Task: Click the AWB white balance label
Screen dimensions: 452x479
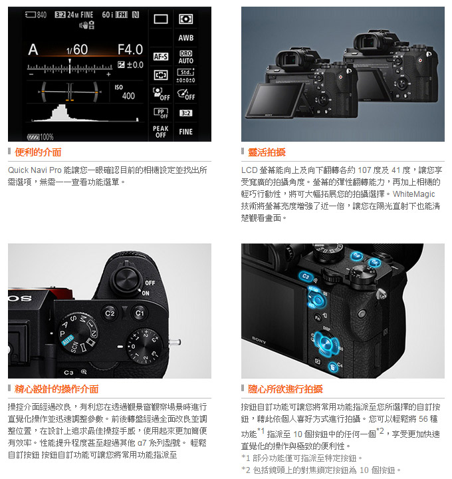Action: pyautogui.click(x=186, y=38)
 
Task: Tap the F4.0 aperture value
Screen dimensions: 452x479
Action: pyautogui.click(x=130, y=49)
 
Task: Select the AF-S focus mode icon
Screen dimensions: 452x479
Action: pyautogui.click(x=161, y=57)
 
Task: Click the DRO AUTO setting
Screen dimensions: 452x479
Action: pyautogui.click(x=186, y=57)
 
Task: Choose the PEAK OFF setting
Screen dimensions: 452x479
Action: pyautogui.click(x=161, y=132)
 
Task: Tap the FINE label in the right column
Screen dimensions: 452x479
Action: pyautogui.click(x=186, y=132)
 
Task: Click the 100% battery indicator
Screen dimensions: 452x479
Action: pyautogui.click(x=41, y=137)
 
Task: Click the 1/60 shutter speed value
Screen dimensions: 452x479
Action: pyautogui.click(x=77, y=50)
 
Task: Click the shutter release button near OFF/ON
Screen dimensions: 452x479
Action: pyautogui.click(x=126, y=280)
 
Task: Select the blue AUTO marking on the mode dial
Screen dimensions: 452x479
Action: pyautogui.click(x=68, y=340)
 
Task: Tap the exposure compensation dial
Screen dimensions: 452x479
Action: pyautogui.click(x=143, y=346)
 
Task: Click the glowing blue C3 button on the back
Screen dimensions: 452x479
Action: pyautogui.click(x=306, y=276)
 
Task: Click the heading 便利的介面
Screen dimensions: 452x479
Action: pyautogui.click(x=38, y=152)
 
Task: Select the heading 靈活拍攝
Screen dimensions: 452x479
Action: pyautogui.click(x=267, y=152)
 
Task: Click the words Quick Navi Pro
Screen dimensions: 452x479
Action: pyautogui.click(x=35, y=170)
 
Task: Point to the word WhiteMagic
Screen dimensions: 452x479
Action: pyautogui.click(x=414, y=194)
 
